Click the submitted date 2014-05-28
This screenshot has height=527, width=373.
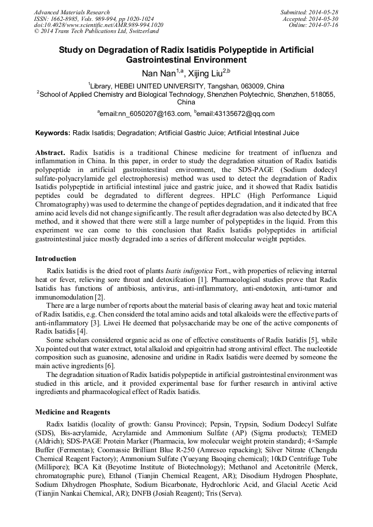324,12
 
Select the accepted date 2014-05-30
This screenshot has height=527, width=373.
324,19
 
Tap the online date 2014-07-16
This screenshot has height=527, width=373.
324,25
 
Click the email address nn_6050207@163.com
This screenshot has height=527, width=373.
145,114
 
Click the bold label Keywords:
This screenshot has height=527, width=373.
53,133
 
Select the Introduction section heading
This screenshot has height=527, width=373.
56,258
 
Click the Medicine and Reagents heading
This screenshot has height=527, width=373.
73,412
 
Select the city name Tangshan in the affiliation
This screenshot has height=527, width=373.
224,86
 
